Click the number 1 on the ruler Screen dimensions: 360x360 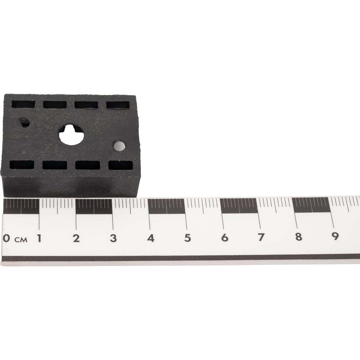coord(39,238)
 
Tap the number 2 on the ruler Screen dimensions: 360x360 coord(76,238)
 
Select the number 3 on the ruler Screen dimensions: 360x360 coord(113,238)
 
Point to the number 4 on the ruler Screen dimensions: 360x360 coord(150,238)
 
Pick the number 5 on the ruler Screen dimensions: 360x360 coord(188,238)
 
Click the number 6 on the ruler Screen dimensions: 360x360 coord(225,237)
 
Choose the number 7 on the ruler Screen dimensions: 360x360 coord(261,237)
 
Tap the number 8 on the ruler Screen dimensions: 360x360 coord(298,237)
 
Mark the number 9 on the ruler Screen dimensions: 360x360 coord(335,236)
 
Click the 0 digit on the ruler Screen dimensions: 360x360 coord(6,238)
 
